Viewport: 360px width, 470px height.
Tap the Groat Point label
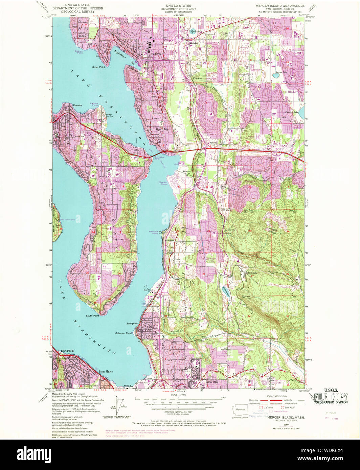point(98,67)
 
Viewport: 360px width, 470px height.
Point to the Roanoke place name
point(78,105)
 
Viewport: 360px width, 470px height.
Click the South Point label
point(92,316)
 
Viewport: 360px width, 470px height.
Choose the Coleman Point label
point(123,333)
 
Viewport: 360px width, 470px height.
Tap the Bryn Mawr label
point(105,371)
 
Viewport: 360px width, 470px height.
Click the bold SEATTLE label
point(67,351)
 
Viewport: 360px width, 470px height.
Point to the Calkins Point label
point(94,105)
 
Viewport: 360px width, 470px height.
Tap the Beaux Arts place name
point(162,129)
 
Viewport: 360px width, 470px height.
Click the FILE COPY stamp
point(330,397)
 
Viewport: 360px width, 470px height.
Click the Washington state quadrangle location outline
point(241,409)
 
